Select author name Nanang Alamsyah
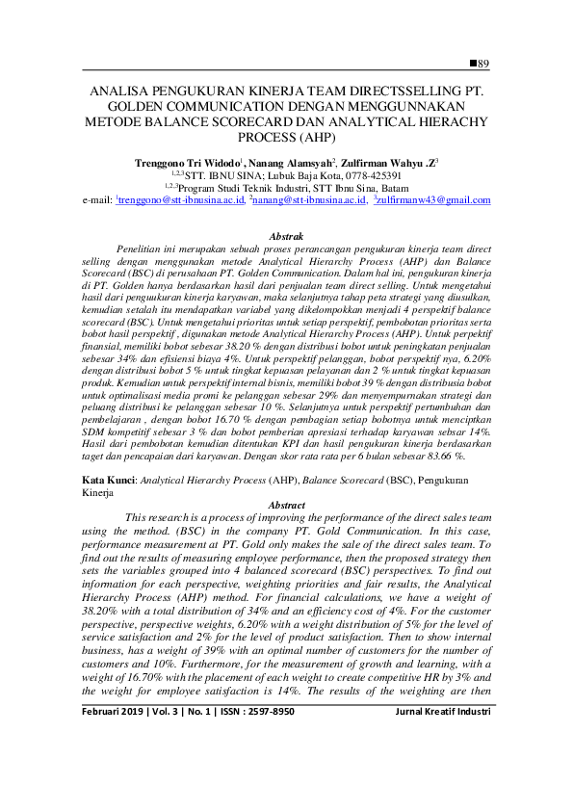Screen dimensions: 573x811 point(290,164)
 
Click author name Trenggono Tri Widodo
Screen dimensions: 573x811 point(187,164)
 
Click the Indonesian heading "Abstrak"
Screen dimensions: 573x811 point(286,235)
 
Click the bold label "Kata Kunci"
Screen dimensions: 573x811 point(107,479)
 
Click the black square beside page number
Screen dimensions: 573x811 point(473,63)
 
